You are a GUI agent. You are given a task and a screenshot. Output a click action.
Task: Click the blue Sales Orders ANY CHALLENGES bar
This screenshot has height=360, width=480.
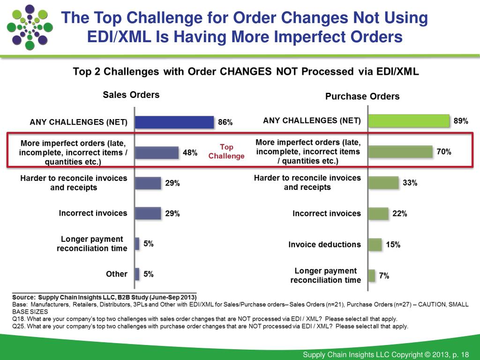click(x=174, y=122)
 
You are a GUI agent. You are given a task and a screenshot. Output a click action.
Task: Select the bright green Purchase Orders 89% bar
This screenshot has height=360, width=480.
click(x=409, y=121)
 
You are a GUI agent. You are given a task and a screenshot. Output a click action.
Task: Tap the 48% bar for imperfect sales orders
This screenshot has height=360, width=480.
click(x=157, y=152)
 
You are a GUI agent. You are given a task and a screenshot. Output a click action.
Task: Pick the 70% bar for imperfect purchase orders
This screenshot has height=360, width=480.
click(x=400, y=152)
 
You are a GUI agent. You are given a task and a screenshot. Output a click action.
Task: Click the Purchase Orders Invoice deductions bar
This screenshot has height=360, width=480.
click(x=375, y=244)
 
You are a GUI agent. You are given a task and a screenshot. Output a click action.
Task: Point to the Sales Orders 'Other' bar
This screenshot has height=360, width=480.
click(x=137, y=274)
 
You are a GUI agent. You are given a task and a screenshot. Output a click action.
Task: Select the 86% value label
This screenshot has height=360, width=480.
click(x=225, y=122)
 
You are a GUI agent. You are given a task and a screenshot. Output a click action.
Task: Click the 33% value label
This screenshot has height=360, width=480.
click(x=410, y=183)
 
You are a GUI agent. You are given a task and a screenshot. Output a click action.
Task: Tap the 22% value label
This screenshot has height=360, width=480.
click(x=399, y=213)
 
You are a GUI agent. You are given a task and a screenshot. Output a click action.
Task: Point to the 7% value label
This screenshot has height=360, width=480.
click(x=384, y=276)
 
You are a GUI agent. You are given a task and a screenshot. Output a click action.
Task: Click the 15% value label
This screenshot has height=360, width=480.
click(x=393, y=244)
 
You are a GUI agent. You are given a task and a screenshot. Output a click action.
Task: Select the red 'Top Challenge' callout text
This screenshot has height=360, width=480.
click(x=226, y=151)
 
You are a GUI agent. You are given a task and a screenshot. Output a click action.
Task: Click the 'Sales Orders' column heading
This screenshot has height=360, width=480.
click(x=131, y=95)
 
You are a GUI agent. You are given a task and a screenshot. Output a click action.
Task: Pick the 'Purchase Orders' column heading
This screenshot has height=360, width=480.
click(x=362, y=97)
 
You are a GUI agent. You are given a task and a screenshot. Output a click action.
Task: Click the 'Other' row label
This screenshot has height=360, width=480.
click(x=117, y=274)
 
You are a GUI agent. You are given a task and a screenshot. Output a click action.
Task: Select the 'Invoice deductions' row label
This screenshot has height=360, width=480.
click(x=324, y=244)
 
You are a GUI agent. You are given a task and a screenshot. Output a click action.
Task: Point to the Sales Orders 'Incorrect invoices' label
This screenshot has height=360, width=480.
click(x=93, y=213)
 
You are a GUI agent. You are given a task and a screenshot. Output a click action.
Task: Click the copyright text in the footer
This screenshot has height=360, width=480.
click(x=386, y=354)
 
